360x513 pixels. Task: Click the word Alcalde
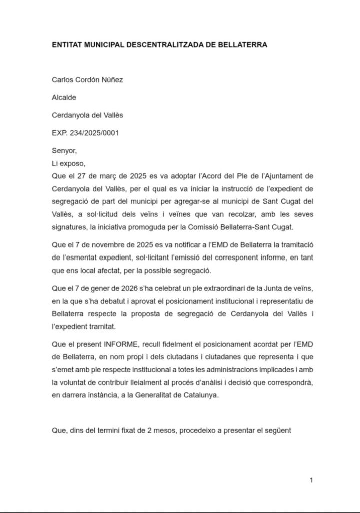pos(64,98)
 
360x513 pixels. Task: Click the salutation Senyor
pos(65,150)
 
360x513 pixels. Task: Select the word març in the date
pos(112,176)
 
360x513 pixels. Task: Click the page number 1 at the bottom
pos(311,480)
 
